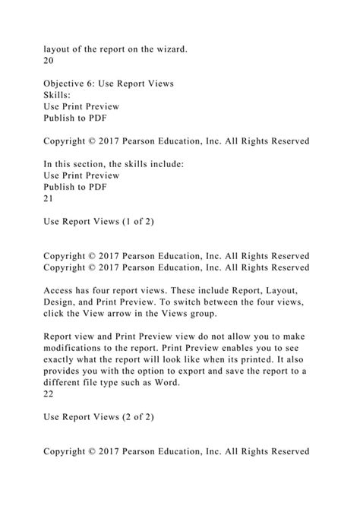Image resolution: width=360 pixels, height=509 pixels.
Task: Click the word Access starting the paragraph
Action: coord(62,289)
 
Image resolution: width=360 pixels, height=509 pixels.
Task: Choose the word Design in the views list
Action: coord(62,302)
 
